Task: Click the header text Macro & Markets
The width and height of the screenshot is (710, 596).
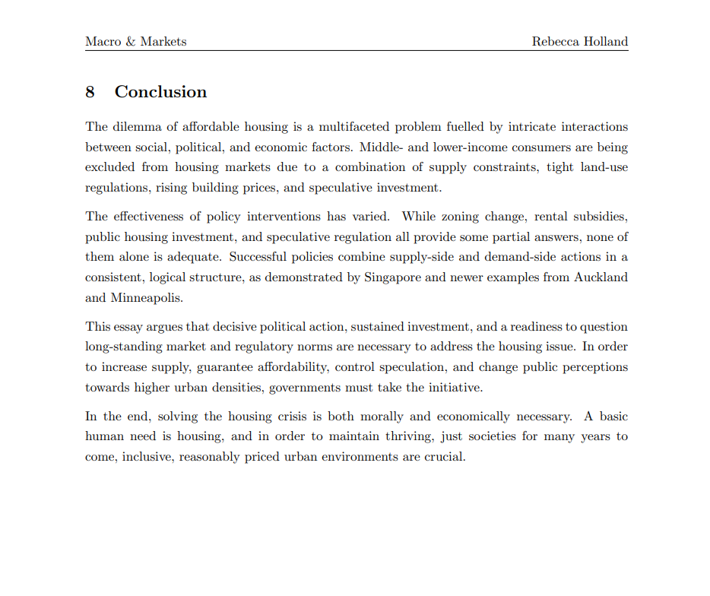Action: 136,42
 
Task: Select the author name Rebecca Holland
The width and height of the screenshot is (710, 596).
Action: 580,42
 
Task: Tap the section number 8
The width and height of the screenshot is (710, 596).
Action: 90,92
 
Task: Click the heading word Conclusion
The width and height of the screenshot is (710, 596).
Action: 160,92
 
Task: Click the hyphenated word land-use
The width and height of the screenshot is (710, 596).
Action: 604,167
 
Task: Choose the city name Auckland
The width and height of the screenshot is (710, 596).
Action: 602,277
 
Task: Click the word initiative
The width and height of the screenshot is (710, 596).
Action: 453,387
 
